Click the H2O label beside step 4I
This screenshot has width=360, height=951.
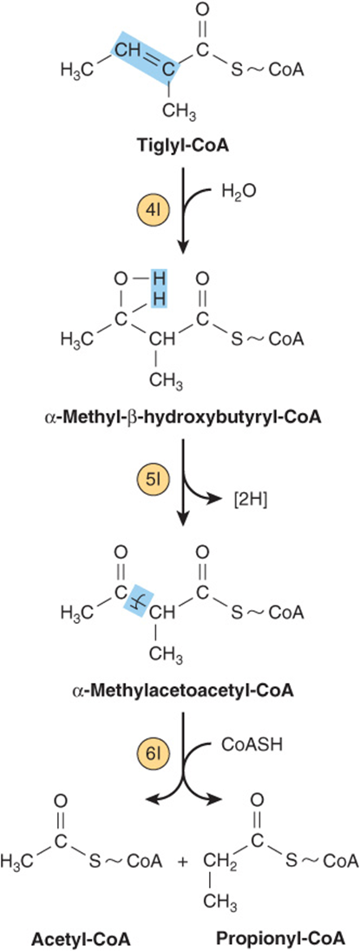(237, 193)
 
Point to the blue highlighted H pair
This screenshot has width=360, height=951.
(158, 289)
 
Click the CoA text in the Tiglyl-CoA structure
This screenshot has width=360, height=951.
(285, 69)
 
